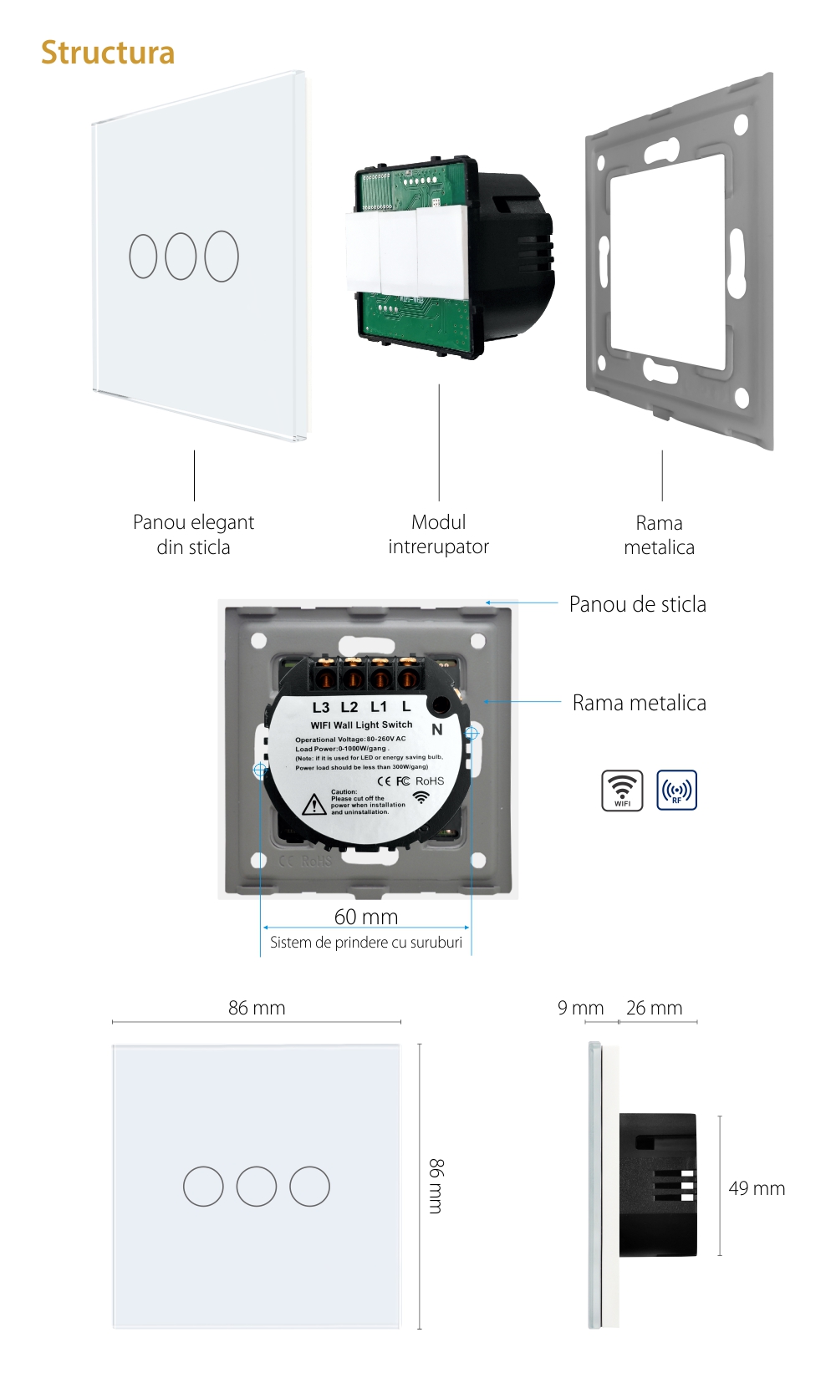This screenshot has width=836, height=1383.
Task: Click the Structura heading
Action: [108, 53]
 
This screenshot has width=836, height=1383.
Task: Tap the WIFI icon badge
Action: [622, 790]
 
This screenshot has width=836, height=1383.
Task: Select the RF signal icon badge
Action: [676, 790]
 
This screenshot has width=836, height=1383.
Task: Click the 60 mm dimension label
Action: [366, 917]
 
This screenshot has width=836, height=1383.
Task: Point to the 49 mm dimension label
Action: [757, 1188]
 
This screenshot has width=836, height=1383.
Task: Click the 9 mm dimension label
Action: [580, 1008]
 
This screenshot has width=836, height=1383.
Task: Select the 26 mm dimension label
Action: [654, 1008]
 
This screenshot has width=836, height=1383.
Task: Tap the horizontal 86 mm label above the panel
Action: [257, 1008]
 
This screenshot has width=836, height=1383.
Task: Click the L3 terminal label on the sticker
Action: [321, 708]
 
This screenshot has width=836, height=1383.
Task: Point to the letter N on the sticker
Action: [436, 730]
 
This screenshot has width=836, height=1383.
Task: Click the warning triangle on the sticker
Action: [313, 804]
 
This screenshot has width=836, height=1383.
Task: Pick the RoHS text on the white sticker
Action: [430, 781]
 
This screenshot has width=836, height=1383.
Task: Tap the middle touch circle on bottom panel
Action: [257, 1186]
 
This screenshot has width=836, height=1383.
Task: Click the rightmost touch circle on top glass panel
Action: [222, 256]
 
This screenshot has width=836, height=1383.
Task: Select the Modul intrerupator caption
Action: [438, 534]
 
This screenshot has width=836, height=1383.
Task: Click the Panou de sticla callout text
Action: [637, 604]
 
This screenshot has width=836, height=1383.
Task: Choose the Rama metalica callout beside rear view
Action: [639, 703]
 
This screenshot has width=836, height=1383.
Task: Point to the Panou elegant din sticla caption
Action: [193, 534]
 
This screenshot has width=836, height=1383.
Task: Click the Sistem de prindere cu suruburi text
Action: [366, 943]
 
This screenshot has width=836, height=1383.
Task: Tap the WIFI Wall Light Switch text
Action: [361, 725]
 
